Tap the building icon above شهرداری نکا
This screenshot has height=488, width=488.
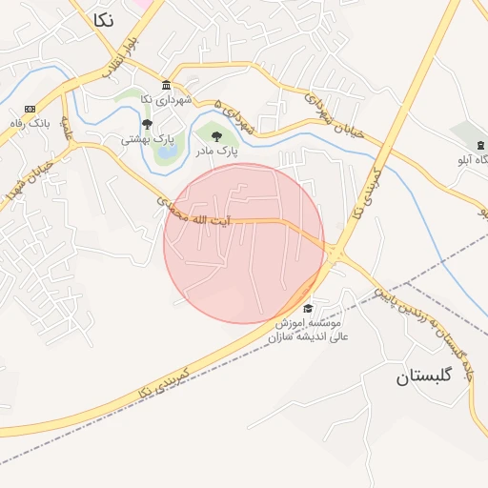coord(167,85)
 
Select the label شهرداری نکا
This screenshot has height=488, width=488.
coord(167,99)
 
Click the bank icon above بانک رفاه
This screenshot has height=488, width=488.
coord(30,109)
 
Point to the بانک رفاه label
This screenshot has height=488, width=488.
coord(28,123)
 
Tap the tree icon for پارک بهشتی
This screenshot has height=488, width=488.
coord(147,124)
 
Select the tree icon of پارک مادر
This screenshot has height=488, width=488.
coord(216,135)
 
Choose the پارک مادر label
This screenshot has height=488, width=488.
coord(216,150)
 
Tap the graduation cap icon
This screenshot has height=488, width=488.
coord(307,308)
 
